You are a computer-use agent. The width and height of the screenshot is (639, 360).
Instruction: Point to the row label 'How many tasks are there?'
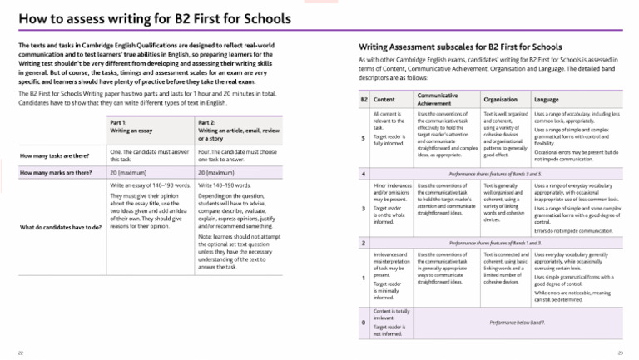(x=56, y=155)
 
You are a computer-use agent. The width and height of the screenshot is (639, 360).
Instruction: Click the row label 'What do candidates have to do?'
(x=61, y=227)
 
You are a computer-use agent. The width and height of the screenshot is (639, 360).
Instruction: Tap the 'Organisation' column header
(x=500, y=99)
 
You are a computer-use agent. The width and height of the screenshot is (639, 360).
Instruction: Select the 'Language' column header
(x=547, y=99)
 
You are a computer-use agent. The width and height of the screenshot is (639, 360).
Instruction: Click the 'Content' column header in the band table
(x=385, y=99)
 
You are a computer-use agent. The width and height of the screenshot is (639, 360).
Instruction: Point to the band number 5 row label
(x=364, y=138)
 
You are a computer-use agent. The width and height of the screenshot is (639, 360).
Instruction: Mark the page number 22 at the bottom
(x=20, y=353)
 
